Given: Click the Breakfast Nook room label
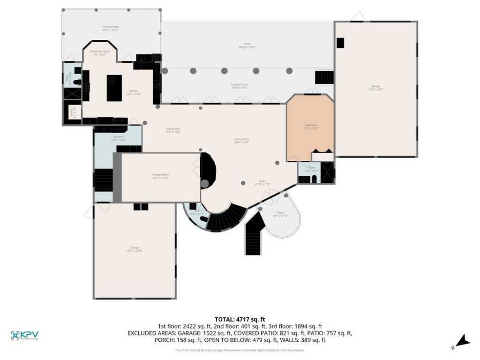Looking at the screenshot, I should (100, 52).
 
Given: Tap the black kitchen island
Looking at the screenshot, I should (114, 88).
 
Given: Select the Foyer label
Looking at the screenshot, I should (262, 182).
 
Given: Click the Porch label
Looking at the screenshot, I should (280, 214).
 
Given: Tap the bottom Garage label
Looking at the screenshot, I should (135, 249).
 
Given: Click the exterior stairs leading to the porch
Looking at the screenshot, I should (253, 234).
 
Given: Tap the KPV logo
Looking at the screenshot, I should (24, 335).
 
